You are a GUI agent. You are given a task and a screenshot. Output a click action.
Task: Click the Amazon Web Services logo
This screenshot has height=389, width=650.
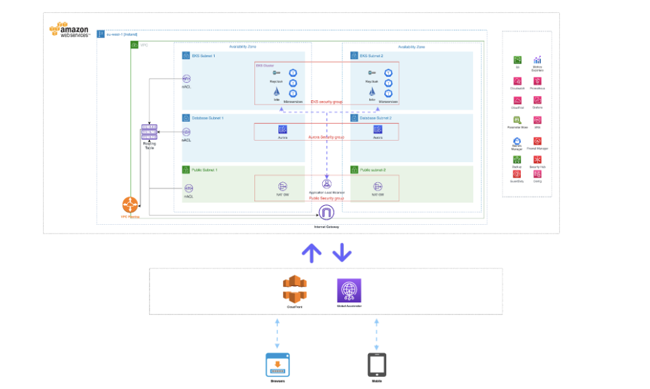point(69,30)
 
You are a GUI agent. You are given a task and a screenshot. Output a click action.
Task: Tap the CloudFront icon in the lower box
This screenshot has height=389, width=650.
point(295,289)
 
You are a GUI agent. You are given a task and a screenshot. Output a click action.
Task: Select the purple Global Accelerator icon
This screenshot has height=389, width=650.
point(349,291)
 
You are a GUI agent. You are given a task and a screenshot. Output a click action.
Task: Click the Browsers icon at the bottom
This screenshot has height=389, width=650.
point(277,364)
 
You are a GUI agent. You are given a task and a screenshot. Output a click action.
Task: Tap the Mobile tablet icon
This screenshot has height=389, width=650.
point(377,364)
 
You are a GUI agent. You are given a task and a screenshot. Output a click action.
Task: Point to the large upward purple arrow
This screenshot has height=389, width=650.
point(311,252)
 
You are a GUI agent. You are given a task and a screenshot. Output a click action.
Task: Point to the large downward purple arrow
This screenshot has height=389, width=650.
point(342,252)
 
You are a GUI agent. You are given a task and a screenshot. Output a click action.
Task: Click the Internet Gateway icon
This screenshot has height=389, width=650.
point(326,213)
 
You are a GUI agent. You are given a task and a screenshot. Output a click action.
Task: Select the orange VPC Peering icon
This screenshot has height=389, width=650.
point(130,205)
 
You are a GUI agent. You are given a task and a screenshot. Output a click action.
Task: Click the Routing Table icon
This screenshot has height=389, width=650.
point(149,133)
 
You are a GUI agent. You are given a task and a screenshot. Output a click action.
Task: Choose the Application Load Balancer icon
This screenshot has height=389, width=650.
point(326,183)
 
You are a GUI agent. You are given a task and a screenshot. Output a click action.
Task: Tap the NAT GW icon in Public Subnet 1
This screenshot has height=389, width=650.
point(283,186)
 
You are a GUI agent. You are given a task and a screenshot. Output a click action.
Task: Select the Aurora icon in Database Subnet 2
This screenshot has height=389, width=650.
point(378,129)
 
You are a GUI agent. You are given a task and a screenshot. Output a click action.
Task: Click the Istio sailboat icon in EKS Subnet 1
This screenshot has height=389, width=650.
point(277,90)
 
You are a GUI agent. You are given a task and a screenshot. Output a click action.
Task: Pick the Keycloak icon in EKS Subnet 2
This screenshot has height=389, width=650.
point(371,73)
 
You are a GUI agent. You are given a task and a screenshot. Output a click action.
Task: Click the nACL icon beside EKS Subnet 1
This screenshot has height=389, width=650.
point(187,79)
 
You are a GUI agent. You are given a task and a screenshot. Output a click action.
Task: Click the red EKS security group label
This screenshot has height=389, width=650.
point(326,102)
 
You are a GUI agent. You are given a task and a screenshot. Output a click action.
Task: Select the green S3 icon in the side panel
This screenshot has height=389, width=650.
point(517,61)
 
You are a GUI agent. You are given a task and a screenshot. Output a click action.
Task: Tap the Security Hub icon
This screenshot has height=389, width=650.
point(537,160)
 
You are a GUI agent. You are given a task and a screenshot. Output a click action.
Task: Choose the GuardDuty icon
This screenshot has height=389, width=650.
point(517,174)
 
